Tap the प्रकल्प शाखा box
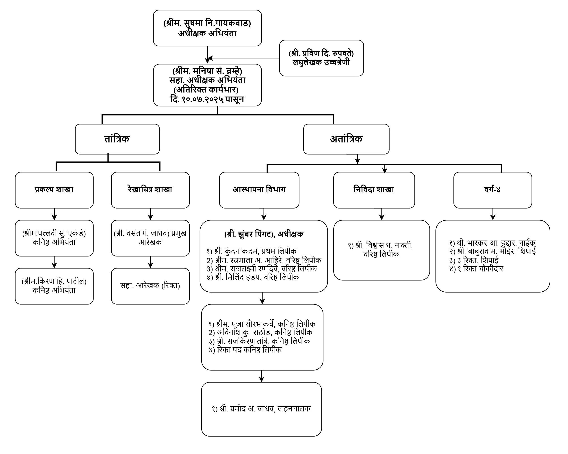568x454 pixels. tap(54, 190)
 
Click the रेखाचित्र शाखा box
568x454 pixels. tap(150, 190)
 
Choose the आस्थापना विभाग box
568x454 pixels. tap(259, 190)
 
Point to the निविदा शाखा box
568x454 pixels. tap(374, 190)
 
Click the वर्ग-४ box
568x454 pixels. tap(492, 190)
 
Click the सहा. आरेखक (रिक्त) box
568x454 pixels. tap(150, 286)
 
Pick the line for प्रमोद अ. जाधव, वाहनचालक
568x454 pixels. tap(261, 409)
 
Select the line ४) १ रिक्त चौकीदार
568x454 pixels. tap(476, 269)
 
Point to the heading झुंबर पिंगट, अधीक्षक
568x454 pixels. tap(264, 234)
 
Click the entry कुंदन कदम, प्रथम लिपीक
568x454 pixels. tap(251, 251)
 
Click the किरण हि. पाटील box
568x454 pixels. tap(54, 286)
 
